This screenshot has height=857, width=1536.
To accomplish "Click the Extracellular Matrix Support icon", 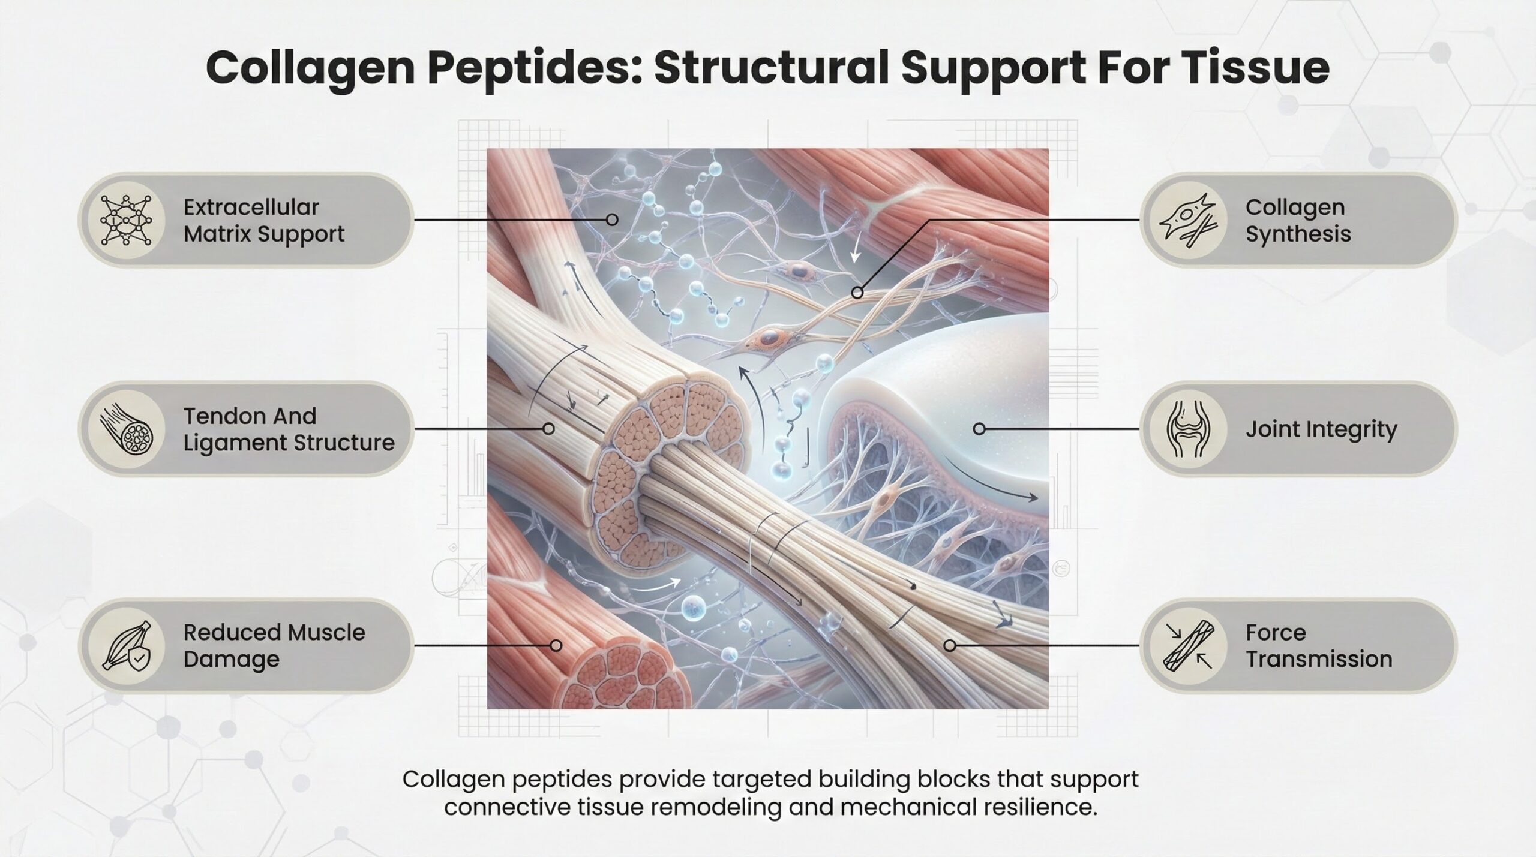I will [x=126, y=220].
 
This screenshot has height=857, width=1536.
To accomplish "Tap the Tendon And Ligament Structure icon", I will [x=126, y=429].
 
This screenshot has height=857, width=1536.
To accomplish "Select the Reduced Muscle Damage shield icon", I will [x=126, y=645].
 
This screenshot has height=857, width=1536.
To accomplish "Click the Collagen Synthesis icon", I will [x=1186, y=220].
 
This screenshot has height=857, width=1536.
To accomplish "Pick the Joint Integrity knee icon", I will [x=1186, y=429].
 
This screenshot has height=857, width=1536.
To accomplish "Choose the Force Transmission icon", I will [x=1186, y=645].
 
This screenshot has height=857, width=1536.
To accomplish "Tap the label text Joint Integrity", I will [x=1321, y=429].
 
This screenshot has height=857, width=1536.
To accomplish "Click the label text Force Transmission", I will [x=1318, y=645].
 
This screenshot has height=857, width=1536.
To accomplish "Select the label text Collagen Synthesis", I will [x=1298, y=220].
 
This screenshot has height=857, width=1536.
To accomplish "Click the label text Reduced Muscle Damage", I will [x=274, y=645].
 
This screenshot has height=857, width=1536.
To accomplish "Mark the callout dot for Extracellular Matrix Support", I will [x=612, y=220].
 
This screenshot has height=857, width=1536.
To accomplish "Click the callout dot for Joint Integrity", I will [x=979, y=429].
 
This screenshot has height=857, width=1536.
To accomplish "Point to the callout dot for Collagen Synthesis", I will [x=858, y=293].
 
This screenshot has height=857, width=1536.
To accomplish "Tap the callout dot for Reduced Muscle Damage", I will [x=556, y=645].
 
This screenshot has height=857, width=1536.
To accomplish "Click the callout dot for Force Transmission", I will [x=949, y=645].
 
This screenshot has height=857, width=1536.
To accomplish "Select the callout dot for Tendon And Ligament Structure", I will [x=548, y=429].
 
